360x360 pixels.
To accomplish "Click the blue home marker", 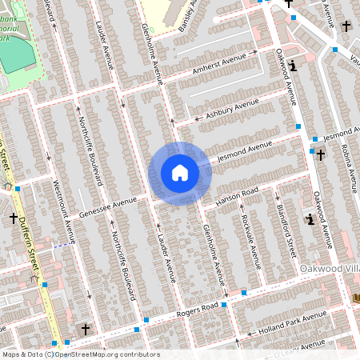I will [179, 172].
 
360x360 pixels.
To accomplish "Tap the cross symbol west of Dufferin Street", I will [14, 218].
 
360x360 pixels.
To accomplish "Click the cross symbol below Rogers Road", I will [86, 329].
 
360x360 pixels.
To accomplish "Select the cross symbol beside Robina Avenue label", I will [320, 154].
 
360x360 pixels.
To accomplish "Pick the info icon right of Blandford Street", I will [310, 218].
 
